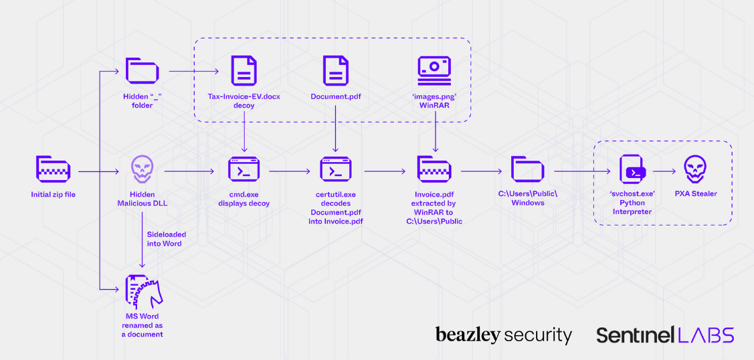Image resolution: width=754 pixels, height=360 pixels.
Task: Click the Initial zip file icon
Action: pos(53,171)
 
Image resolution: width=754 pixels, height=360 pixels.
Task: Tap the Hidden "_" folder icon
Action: pos(142,71)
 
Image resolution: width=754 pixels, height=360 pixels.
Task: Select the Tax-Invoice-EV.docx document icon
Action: pos(244,71)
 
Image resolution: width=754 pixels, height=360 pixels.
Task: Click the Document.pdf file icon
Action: pos(335,71)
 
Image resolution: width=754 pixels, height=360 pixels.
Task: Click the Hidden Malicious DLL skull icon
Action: pos(142,170)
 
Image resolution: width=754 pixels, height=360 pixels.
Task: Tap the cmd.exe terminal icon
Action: pos(244,171)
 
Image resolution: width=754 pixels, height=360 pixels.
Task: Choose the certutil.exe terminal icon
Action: pos(335,171)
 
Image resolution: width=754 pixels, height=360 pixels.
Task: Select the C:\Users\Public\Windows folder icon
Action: pos(527,170)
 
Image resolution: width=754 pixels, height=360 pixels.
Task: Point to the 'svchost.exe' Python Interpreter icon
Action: pos(632,170)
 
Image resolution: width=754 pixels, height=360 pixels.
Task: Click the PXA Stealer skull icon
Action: pos(695,170)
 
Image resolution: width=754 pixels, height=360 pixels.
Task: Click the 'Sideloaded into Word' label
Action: pos(166,239)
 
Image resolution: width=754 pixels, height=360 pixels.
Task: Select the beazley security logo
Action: pos(503,335)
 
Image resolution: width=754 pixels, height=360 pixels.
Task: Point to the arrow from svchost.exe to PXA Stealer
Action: pos(664,171)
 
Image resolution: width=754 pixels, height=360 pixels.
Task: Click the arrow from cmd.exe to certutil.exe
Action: pos(290,171)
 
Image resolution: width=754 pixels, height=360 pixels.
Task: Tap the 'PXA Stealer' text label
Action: pos(695,194)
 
